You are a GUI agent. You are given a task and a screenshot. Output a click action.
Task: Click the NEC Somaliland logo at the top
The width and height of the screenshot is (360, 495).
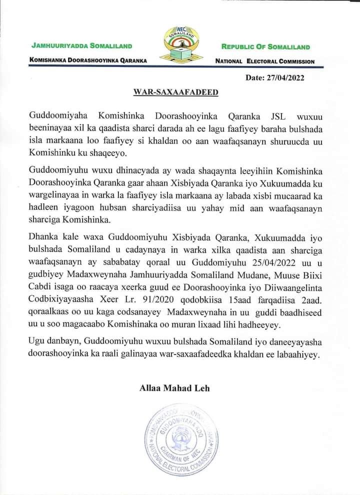(180, 46)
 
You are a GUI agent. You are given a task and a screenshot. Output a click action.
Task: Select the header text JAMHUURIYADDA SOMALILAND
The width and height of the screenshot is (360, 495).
(81, 46)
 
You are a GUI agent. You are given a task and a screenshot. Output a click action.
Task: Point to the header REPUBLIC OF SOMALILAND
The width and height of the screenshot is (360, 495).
(265, 47)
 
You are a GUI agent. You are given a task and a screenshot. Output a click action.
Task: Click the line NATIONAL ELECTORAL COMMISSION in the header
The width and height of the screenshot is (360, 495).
(264, 61)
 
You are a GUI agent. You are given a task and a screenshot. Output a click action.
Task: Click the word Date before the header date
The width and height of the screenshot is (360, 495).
(255, 77)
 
